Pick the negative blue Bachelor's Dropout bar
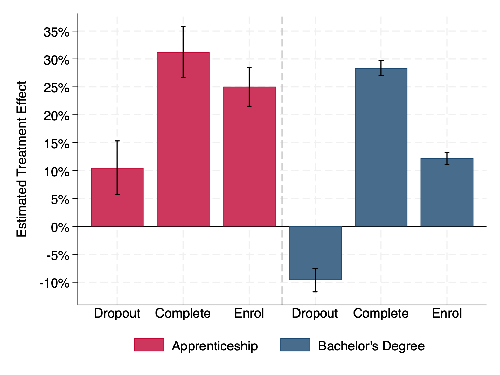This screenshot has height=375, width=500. click(315, 253)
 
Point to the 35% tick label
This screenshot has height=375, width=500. click(56, 32)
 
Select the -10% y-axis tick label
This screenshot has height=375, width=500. click(54, 283)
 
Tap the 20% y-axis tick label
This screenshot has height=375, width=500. click(56, 116)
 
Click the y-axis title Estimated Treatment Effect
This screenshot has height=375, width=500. click(22, 159)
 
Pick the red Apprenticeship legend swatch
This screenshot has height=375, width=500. click(149, 345)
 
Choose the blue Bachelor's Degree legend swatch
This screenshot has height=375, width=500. click(295, 345)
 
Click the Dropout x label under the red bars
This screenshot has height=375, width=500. click(117, 313)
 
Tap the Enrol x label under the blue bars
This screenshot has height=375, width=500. click(447, 313)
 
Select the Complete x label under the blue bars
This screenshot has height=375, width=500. click(381, 313)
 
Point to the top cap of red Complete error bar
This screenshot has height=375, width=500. click(183, 27)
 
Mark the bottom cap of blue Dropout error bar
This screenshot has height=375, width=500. click(315, 292)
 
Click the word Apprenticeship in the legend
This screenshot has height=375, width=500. click(215, 346)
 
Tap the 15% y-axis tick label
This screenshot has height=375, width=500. click(56, 144)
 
